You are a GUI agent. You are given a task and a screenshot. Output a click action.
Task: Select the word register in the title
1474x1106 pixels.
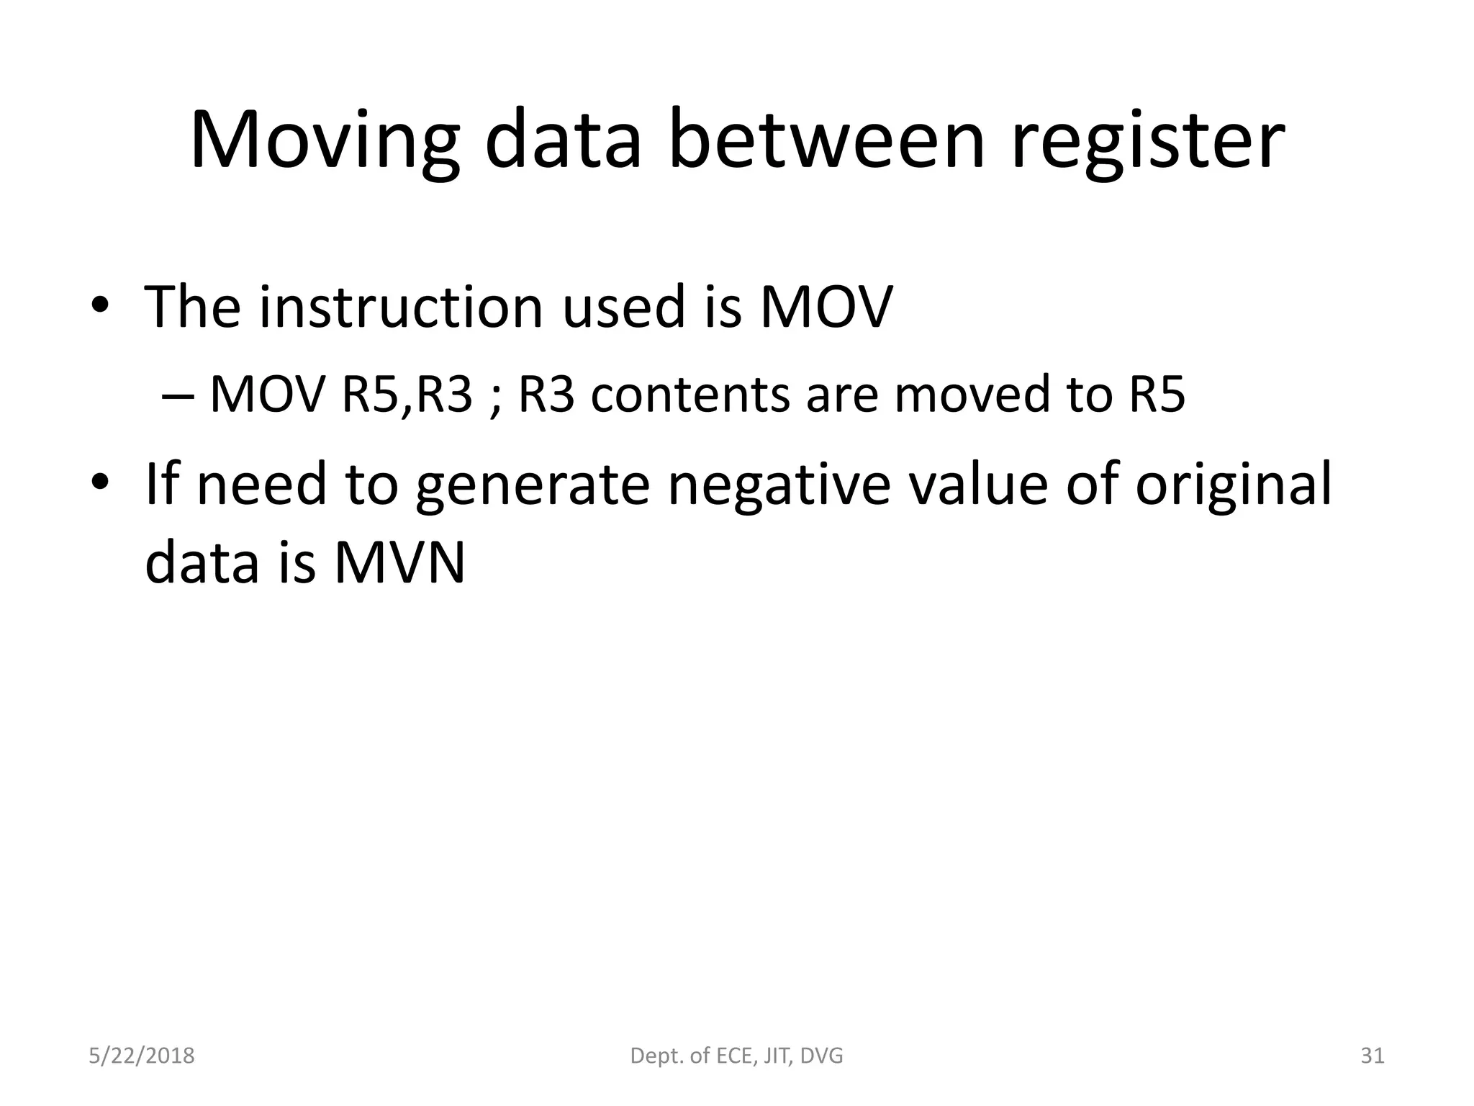[x=1148, y=142]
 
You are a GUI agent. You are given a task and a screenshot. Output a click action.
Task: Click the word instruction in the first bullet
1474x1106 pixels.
[x=400, y=307]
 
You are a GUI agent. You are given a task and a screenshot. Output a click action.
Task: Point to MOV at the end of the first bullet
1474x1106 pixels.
[x=826, y=307]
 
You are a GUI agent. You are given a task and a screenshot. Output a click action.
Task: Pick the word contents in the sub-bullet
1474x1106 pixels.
[x=689, y=395]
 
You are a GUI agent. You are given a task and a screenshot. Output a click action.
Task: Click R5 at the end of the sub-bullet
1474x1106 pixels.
[x=1157, y=395]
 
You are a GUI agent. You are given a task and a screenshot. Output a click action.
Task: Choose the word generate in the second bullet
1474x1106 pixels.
[x=533, y=485]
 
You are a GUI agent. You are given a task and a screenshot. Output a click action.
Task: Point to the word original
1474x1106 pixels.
[x=1234, y=485]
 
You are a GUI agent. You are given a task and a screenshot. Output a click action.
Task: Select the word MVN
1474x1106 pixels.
[x=399, y=562]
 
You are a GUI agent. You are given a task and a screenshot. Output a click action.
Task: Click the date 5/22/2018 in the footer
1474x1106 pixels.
[x=142, y=1056]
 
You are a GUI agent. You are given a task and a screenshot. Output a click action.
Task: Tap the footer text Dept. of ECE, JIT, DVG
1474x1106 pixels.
[x=736, y=1056]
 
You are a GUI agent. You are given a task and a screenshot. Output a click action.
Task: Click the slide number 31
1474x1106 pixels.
[x=1372, y=1056]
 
